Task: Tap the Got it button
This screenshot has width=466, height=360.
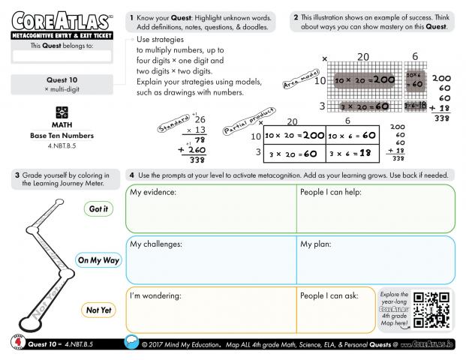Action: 98,209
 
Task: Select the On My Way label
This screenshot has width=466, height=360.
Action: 98,260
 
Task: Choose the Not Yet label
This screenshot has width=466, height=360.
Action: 98,310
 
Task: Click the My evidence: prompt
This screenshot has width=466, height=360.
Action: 153,193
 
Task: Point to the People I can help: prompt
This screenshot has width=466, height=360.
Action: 332,193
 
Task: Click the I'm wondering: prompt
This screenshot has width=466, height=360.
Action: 155,295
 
